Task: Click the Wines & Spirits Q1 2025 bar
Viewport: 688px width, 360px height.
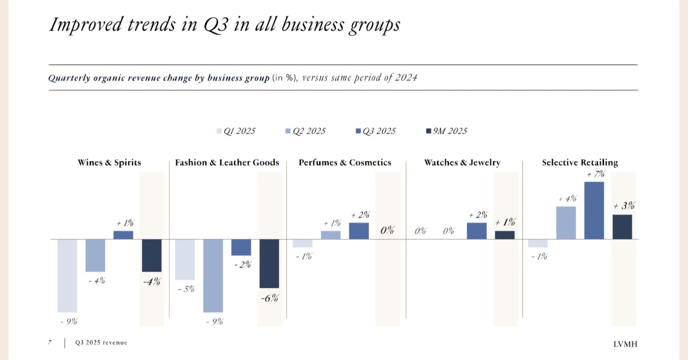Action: click(67, 275)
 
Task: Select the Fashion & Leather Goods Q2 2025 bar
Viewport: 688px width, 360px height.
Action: click(213, 275)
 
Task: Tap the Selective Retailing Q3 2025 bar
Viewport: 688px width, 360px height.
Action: click(594, 210)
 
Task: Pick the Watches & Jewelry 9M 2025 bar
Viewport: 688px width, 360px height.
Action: click(505, 235)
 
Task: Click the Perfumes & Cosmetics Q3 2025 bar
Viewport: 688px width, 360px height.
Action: click(359, 231)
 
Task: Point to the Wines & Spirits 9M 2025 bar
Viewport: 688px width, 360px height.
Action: click(152, 255)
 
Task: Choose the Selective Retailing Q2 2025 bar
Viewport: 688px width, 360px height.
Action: click(566, 222)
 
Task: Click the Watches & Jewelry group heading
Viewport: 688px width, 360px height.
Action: click(462, 162)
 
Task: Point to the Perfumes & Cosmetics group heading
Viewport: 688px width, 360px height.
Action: click(345, 162)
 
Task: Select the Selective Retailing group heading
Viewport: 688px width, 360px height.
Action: click(580, 162)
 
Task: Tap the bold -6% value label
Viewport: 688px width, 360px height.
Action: click(269, 298)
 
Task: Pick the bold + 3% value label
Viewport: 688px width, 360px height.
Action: click(624, 206)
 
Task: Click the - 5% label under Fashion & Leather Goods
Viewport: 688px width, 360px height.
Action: click(185, 289)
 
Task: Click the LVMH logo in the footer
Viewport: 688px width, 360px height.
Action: click(627, 343)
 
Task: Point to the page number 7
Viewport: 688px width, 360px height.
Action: click(49, 342)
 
